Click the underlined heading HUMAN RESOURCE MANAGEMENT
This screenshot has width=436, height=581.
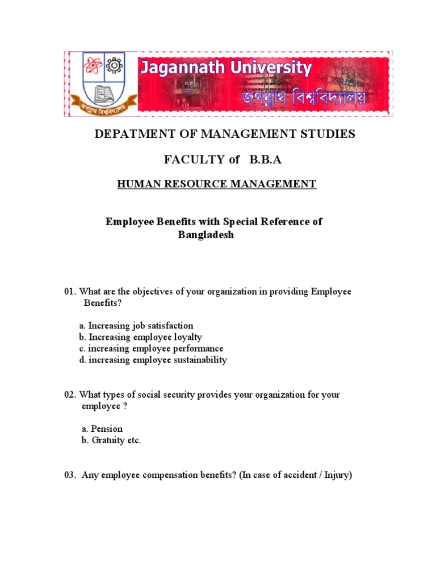(x=216, y=184)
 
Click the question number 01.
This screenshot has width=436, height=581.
(x=69, y=292)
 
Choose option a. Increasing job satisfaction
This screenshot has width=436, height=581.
(x=136, y=326)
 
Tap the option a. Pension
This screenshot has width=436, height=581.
(x=101, y=428)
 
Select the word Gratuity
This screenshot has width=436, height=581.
(x=108, y=440)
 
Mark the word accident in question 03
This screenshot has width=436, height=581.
(x=295, y=475)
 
